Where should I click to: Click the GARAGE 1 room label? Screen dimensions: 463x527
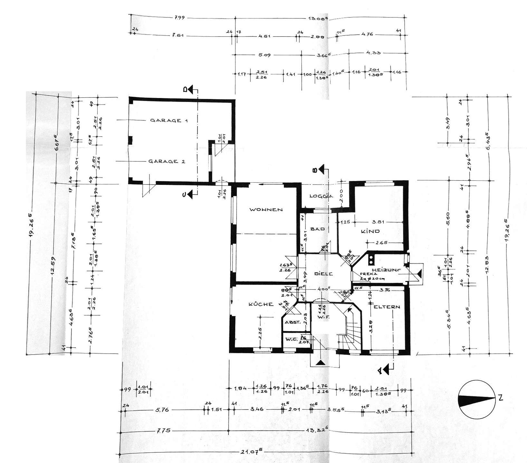coord(169,121)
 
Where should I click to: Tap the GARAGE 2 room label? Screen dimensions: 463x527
coord(167,161)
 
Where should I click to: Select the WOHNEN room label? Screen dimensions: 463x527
coord(266,210)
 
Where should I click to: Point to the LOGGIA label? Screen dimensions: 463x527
coord(321,196)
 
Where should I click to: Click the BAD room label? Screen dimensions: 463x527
coord(317,229)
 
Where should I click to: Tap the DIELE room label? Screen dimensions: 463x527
coord(324,274)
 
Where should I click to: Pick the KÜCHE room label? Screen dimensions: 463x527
coord(261,304)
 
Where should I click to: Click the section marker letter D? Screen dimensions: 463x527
coord(186,90)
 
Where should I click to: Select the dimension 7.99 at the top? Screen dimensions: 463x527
coord(179,18)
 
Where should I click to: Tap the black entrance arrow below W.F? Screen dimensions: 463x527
coord(320,362)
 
